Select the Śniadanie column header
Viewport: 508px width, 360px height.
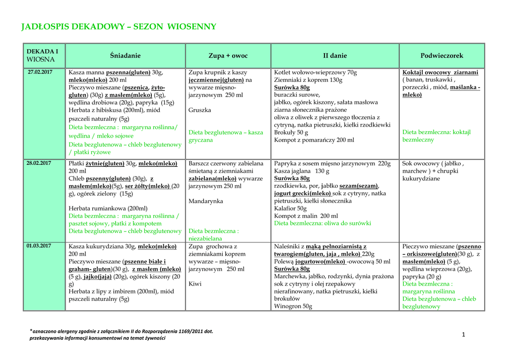(x=126, y=56)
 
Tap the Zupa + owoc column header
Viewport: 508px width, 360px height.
(x=228, y=56)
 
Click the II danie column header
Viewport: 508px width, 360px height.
(x=335, y=56)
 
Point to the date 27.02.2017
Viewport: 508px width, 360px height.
(x=40, y=72)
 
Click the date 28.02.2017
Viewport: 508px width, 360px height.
(x=40, y=163)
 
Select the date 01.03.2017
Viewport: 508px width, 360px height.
(x=40, y=246)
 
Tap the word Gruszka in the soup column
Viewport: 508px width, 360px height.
(x=200, y=110)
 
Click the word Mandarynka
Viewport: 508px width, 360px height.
(x=206, y=201)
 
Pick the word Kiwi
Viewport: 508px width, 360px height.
(x=194, y=284)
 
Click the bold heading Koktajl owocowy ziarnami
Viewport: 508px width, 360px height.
(x=441, y=72)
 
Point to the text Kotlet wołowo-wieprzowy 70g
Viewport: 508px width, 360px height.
(x=316, y=72)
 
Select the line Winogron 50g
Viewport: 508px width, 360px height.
(x=293, y=306)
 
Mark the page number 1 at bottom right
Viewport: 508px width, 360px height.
(x=463, y=335)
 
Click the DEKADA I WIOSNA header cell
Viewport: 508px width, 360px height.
(x=42, y=56)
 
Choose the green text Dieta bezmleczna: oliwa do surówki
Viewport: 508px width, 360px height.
(x=322, y=223)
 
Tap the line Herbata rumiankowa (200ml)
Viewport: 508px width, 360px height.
(x=108, y=209)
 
